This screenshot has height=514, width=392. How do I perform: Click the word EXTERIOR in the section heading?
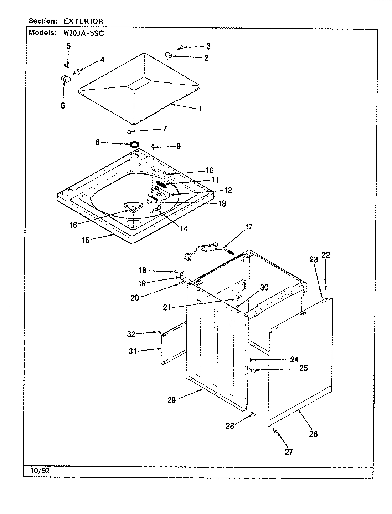(83, 21)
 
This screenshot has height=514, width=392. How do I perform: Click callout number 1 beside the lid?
(200, 109)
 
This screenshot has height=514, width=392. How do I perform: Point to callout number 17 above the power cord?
(249, 227)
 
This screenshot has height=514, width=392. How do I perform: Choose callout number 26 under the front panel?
(313, 434)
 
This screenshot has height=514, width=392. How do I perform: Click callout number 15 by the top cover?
(86, 240)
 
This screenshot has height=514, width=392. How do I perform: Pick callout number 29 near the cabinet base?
(172, 400)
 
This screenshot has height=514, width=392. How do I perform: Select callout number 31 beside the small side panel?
(133, 351)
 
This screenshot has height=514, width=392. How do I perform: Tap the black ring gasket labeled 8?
(134, 145)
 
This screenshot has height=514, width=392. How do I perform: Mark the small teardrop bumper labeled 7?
(129, 132)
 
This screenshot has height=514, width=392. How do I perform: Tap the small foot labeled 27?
(275, 432)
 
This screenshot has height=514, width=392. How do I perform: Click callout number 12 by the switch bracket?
(228, 190)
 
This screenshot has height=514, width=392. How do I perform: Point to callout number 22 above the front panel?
(326, 255)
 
